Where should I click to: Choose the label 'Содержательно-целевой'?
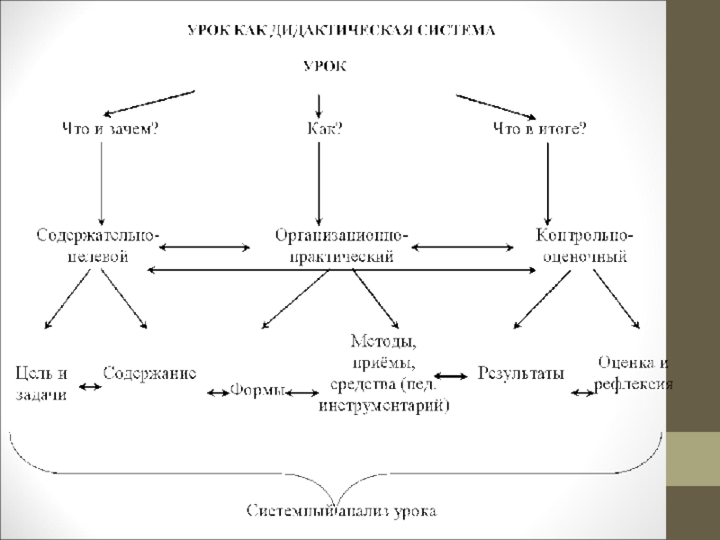[x=99, y=246]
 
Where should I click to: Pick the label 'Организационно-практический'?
[x=341, y=246]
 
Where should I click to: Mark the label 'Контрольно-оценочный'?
[x=583, y=246]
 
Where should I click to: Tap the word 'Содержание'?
[x=149, y=372]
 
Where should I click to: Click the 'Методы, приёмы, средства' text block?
[x=384, y=373]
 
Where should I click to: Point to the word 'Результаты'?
[x=520, y=372]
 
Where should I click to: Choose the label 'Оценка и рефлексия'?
[x=634, y=373]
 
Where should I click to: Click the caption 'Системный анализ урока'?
[x=342, y=512]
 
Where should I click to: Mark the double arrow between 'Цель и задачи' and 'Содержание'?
[x=90, y=387]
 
